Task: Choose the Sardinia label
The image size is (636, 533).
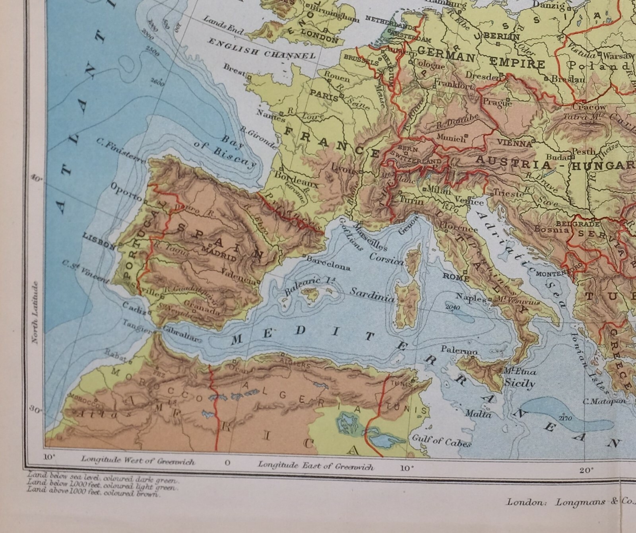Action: pyautogui.click(x=372, y=297)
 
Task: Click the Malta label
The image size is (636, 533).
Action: pyautogui.click(x=479, y=414)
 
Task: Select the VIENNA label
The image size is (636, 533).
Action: pyautogui.click(x=517, y=144)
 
